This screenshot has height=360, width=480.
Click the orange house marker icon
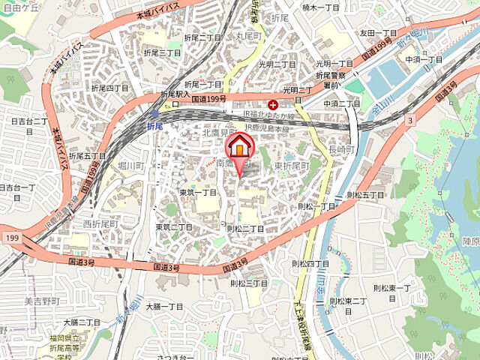coord(240,145)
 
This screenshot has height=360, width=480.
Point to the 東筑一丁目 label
coord(198,192)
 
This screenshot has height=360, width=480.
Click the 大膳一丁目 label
coord(164,306)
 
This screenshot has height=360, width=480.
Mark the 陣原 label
coord(470,241)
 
